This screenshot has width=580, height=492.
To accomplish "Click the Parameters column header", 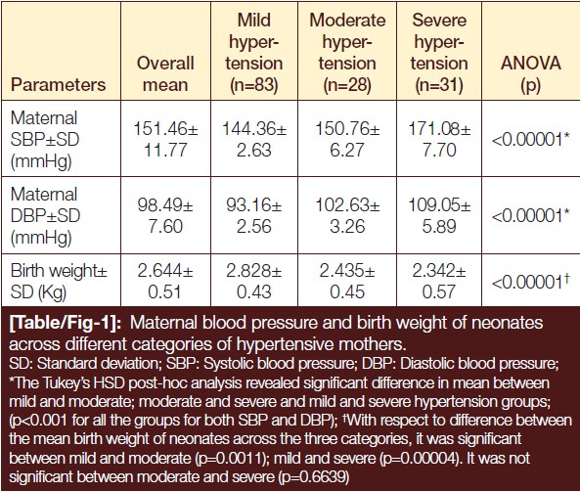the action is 58,85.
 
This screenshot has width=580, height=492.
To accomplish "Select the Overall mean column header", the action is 165,74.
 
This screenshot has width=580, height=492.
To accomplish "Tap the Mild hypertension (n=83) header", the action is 254,53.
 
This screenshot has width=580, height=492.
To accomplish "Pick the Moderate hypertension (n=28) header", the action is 347,53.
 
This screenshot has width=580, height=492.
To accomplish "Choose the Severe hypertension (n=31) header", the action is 439,53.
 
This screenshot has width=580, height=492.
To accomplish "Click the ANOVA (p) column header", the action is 531,74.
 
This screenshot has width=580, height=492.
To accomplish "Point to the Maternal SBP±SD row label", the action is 45,140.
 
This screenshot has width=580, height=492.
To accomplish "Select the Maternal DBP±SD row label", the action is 45,216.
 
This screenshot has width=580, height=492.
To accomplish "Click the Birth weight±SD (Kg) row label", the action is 59,281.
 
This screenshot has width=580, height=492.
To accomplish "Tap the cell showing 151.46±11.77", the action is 165,140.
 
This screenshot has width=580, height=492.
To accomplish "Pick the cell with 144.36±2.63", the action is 254,140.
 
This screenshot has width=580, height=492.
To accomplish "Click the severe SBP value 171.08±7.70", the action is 439,140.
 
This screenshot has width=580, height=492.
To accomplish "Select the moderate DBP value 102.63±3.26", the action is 347,215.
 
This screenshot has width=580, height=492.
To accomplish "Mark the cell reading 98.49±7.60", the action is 165,215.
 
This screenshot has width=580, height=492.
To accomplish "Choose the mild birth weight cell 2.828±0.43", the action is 254,281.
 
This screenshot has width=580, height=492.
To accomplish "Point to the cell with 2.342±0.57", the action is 439,281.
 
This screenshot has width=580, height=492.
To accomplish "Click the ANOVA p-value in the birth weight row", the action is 531,283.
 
